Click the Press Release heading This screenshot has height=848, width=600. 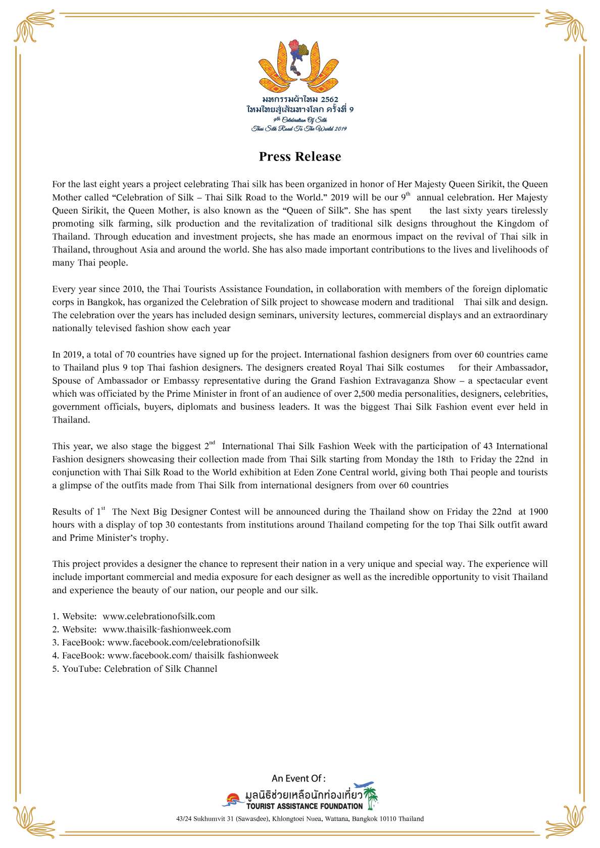click(x=300, y=156)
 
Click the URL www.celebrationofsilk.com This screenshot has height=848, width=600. click(x=159, y=616)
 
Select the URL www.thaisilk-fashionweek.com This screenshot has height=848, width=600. click(x=167, y=629)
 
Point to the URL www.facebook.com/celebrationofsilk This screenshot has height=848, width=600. click(x=184, y=643)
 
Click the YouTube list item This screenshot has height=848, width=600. click(x=135, y=669)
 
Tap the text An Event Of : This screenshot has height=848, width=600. click(x=298, y=778)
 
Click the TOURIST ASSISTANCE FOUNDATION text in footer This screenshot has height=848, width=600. click(x=305, y=806)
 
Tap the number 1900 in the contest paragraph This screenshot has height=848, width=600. click(x=538, y=512)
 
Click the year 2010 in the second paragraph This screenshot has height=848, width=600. click(x=132, y=289)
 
